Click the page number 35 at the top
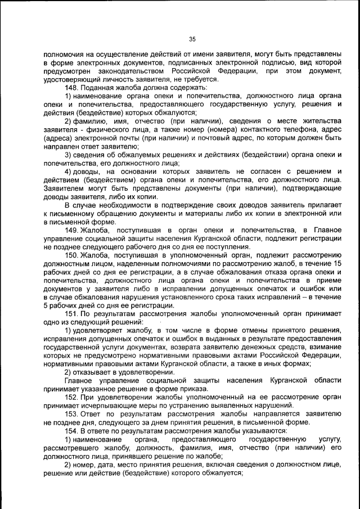point(192,39)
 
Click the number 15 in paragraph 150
point(337,264)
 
